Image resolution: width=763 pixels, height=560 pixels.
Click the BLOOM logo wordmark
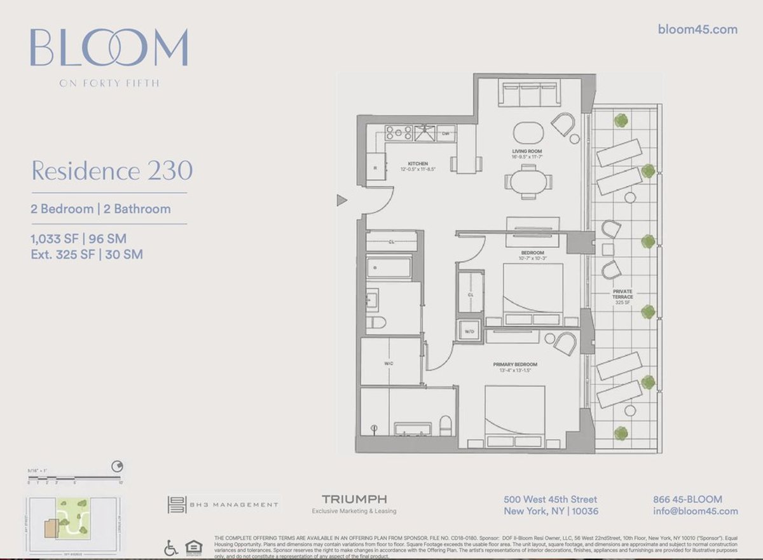point(109,48)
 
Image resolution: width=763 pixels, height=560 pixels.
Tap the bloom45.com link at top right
point(697,29)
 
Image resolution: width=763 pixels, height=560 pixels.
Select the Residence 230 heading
point(112,171)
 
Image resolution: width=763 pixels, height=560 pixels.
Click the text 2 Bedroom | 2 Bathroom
point(100,208)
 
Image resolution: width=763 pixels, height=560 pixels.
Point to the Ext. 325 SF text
point(86,254)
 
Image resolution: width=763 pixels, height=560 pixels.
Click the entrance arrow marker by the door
point(341,201)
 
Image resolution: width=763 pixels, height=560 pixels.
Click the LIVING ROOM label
point(528,151)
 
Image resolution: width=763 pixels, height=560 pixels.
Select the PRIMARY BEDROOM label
point(515,364)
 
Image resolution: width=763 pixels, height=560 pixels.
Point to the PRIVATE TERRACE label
point(622,294)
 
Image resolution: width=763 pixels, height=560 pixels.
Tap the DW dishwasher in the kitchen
point(446,133)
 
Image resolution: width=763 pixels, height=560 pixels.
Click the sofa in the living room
point(530,95)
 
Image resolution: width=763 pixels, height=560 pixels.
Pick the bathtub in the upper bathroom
point(388,268)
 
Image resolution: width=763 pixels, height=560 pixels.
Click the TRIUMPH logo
point(354,499)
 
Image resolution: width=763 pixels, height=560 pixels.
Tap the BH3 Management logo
point(223,505)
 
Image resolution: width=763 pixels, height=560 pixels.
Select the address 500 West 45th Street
point(551,500)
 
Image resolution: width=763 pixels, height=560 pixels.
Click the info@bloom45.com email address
point(696,511)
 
